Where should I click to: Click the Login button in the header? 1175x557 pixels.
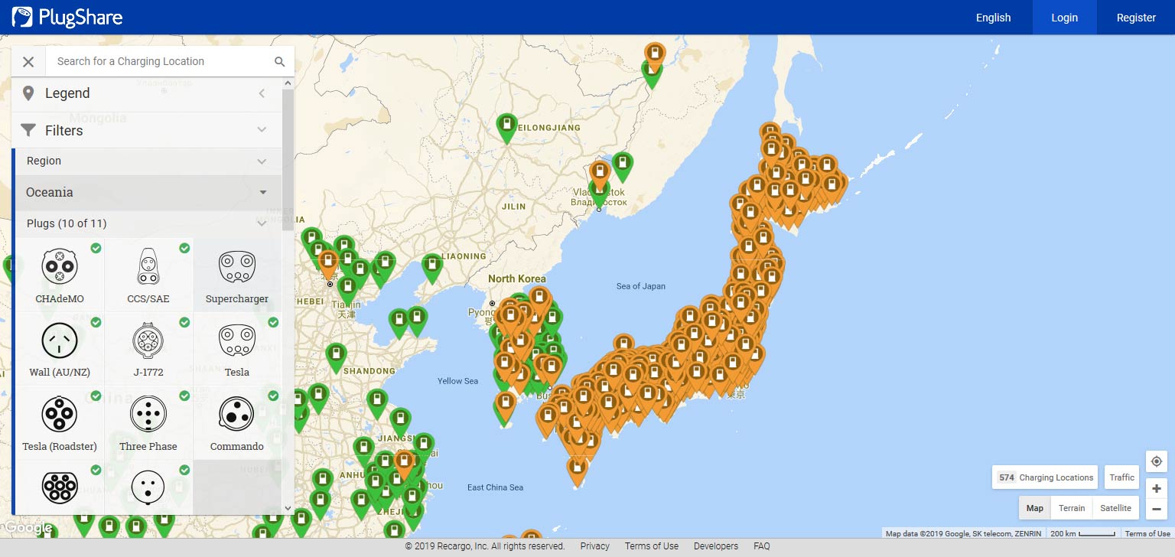click(x=1064, y=18)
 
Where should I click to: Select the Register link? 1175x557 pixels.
click(x=1136, y=18)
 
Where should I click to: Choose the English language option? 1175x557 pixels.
click(x=993, y=18)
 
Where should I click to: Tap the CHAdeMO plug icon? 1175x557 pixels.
click(x=59, y=266)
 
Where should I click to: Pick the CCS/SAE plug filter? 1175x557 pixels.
click(x=148, y=266)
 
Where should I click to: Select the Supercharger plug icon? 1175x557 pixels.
click(x=236, y=266)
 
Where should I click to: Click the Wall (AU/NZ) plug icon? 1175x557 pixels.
click(x=59, y=340)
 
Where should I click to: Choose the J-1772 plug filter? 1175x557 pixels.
click(x=148, y=340)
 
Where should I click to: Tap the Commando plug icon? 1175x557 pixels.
click(x=236, y=414)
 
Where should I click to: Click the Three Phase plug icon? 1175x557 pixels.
click(x=148, y=414)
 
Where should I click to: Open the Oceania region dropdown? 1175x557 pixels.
click(x=146, y=192)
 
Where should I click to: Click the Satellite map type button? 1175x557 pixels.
click(x=1115, y=508)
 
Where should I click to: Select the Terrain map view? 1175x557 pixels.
click(x=1072, y=508)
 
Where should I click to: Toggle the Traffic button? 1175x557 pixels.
click(x=1122, y=477)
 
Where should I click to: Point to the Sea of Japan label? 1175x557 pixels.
click(x=641, y=286)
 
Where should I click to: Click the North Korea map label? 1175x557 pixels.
click(x=517, y=278)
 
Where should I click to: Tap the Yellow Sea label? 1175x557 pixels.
click(x=457, y=381)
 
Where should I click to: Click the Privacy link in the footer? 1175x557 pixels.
click(x=594, y=546)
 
